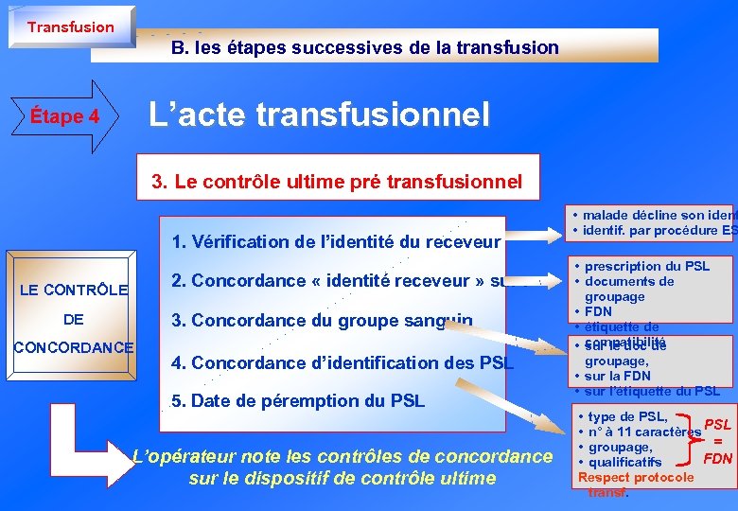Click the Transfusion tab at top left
(x=70, y=26)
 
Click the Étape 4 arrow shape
(x=67, y=116)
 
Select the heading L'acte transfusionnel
(x=320, y=115)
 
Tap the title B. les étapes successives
(x=365, y=46)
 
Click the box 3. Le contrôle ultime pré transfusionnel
(x=337, y=182)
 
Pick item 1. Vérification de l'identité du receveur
(x=336, y=241)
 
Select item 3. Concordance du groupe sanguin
(x=323, y=321)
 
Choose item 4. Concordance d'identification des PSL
(x=343, y=362)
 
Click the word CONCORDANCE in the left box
(x=73, y=347)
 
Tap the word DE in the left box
(x=74, y=319)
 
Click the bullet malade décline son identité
(x=659, y=215)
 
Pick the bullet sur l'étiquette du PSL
(x=652, y=391)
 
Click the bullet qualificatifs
(x=624, y=462)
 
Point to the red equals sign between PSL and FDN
(x=718, y=441)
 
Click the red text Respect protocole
(x=636, y=477)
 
